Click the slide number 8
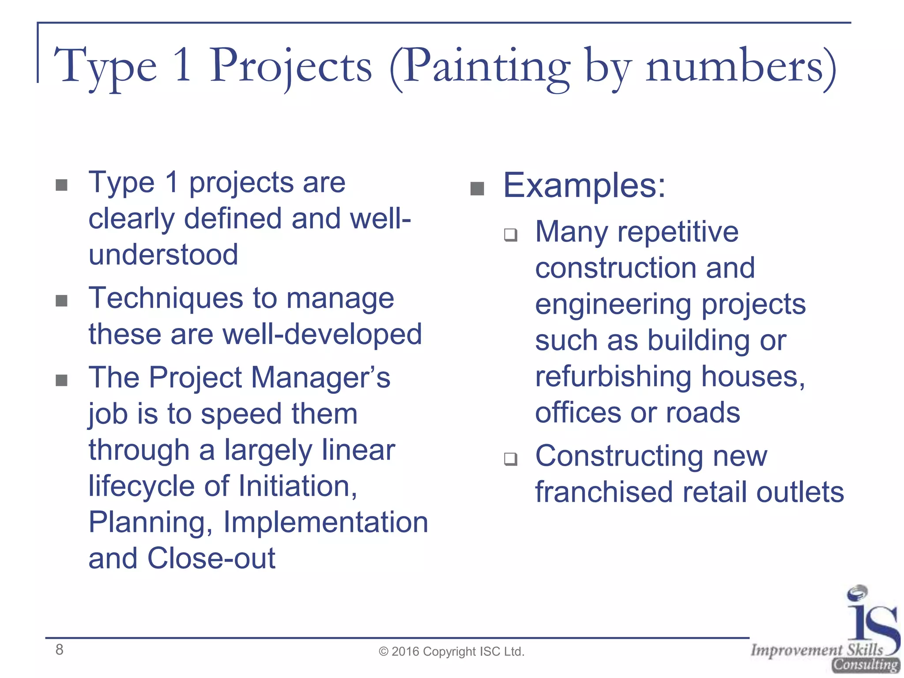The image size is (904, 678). (59, 650)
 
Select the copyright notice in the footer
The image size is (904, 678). (452, 652)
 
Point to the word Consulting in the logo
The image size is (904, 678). (866, 664)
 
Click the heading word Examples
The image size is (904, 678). (584, 185)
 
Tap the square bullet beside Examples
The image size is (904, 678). (477, 189)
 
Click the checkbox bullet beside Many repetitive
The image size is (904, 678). (511, 234)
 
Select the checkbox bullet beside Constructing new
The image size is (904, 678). (511, 459)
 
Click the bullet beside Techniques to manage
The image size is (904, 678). (62, 301)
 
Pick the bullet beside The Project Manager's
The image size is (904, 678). (62, 380)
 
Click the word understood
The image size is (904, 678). (163, 255)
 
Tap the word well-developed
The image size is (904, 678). (322, 334)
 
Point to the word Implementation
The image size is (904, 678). (326, 523)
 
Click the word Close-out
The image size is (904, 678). (211, 558)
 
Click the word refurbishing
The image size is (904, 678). (613, 377)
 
